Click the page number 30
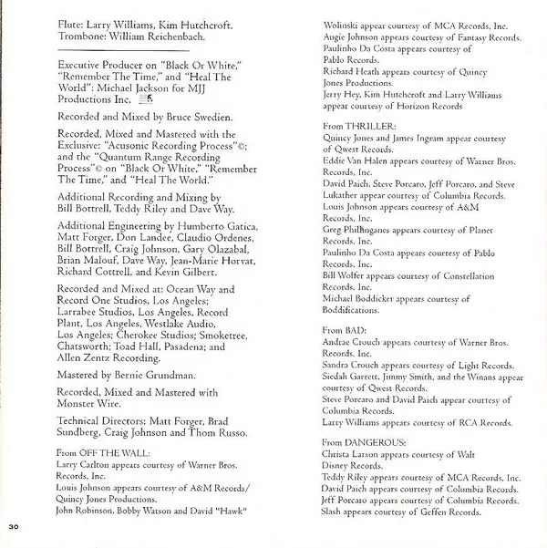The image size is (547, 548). (x=13, y=528)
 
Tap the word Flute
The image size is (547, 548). (x=70, y=16)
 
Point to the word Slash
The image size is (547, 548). (x=335, y=512)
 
